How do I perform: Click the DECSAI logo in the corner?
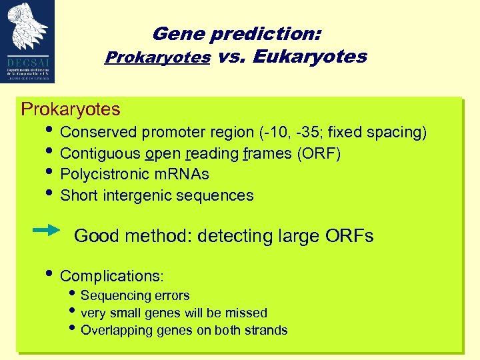[27, 41]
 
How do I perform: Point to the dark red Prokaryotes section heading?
[71, 109]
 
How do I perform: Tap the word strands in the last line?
[267, 330]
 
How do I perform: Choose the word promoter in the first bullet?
[172, 133]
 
